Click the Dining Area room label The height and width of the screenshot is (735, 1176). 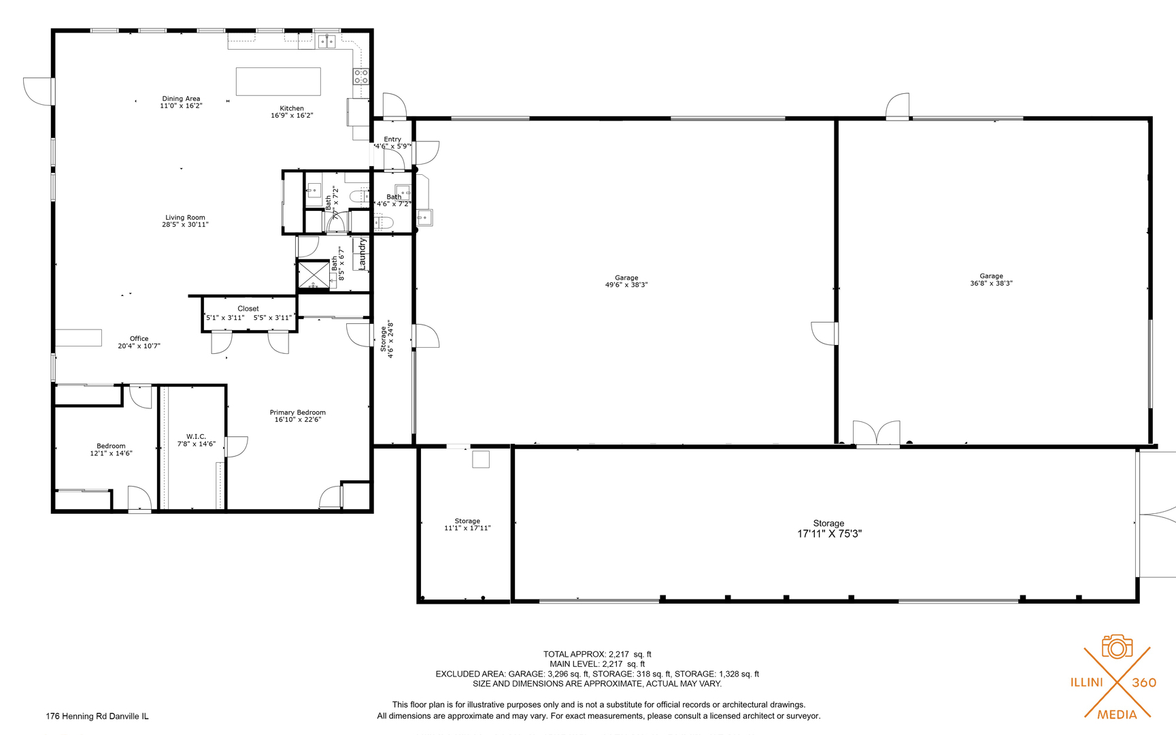tap(181, 99)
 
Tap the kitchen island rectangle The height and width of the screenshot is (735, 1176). tap(278, 82)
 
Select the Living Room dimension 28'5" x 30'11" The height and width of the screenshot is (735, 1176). tap(185, 225)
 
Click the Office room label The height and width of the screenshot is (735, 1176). tap(139, 338)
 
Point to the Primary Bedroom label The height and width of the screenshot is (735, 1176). tap(297, 412)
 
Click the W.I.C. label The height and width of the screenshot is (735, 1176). tap(196, 436)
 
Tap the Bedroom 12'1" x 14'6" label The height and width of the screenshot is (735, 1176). tap(111, 450)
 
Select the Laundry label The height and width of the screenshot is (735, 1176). tap(363, 253)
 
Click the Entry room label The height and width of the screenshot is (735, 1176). tap(392, 139)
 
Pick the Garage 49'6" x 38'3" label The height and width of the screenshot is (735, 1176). tap(626, 281)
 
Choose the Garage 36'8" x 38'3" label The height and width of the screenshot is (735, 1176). tap(991, 280)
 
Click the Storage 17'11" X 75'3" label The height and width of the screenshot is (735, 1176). tap(829, 529)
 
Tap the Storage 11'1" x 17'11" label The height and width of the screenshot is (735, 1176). tap(467, 524)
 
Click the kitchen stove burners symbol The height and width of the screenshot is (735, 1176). tap(360, 76)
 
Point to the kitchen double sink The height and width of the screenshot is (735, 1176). tap(327, 42)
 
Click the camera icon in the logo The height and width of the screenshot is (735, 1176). tap(1117, 647)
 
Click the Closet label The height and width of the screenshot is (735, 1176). tap(248, 308)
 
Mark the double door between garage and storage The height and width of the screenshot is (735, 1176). tap(877, 434)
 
